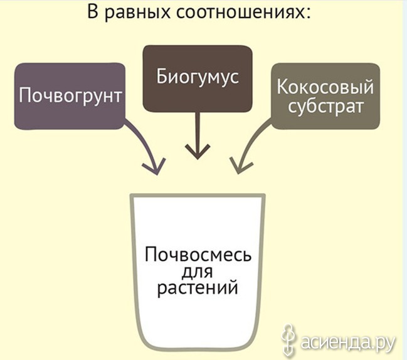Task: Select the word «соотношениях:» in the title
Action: (243, 12)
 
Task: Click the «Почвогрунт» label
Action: (70, 97)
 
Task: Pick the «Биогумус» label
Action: (198, 77)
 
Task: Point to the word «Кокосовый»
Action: (325, 87)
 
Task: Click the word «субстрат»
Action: (325, 107)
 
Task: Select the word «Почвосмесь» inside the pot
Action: (198, 255)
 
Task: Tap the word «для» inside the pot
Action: (198, 272)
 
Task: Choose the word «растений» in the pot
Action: (198, 288)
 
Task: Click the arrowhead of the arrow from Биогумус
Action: (198, 152)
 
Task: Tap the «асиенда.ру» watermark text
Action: (348, 342)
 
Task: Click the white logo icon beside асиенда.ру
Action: (288, 340)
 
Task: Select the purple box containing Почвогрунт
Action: (70, 97)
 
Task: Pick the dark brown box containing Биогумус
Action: (198, 79)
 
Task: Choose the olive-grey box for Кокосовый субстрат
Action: (325, 97)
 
